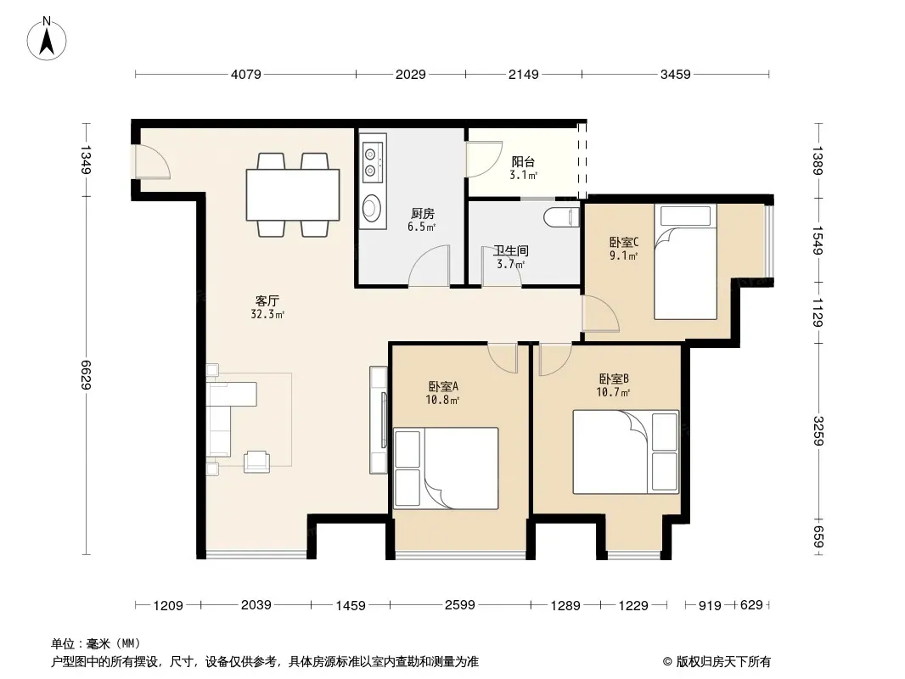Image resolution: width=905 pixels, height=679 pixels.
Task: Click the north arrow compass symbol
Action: (47, 39)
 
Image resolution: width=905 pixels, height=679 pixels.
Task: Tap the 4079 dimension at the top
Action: (246, 75)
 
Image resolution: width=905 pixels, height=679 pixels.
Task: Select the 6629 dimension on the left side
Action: (86, 374)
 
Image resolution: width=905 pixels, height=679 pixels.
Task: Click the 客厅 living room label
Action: (267, 300)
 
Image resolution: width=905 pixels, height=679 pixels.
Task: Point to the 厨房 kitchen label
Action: (423, 213)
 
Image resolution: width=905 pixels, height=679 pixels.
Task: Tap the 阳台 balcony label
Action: (523, 162)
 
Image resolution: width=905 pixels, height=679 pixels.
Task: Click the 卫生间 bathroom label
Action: (511, 251)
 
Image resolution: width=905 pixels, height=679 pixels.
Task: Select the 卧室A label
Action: (443, 386)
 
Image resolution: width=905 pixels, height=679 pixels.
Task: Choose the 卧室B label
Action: (614, 379)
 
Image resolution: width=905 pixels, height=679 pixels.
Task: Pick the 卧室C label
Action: (624, 242)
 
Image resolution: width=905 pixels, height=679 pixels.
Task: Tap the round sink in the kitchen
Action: (372, 207)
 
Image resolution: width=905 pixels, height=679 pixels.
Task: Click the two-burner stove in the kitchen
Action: (373, 162)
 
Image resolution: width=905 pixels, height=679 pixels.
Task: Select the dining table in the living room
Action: (293, 194)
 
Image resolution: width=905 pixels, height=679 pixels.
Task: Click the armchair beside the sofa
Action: (257, 462)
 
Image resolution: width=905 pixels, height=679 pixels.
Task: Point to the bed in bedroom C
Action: (685, 261)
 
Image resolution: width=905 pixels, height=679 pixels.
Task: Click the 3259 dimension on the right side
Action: (818, 430)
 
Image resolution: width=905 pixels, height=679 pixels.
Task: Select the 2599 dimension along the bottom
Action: (460, 604)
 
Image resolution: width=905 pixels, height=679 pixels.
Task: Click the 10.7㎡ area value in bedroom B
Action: (613, 393)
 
